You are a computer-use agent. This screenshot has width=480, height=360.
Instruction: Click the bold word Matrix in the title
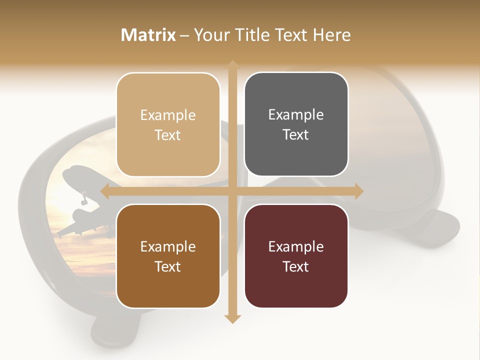pyautogui.click(x=148, y=35)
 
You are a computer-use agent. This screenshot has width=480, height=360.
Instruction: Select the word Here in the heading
pyautogui.click(x=331, y=35)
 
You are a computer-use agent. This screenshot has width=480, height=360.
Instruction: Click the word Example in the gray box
pyautogui.click(x=296, y=115)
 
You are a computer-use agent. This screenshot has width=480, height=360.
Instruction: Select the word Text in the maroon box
pyautogui.click(x=296, y=266)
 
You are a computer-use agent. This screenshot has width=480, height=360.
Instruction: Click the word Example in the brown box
pyautogui.click(x=168, y=246)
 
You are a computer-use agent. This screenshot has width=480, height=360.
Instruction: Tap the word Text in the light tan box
pyautogui.click(x=168, y=135)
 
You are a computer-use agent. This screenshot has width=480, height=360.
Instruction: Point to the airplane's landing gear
pyautogui.click(x=83, y=199)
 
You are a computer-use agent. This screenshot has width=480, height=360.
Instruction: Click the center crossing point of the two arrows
pyautogui.click(x=232, y=191)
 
